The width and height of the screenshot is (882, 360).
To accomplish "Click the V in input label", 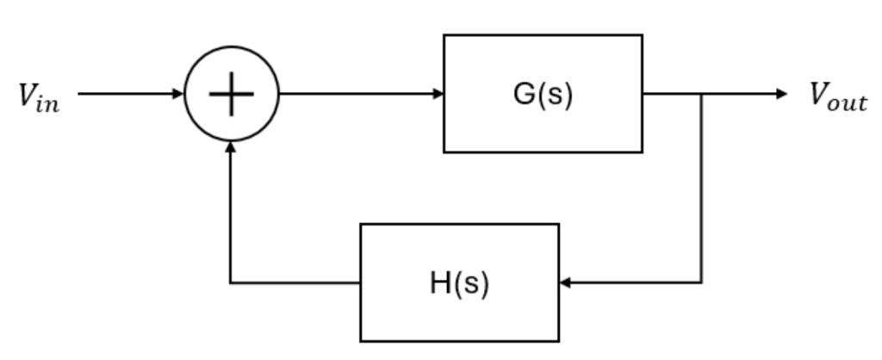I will [39, 96].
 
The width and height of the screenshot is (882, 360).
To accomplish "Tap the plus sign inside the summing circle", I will [232, 94].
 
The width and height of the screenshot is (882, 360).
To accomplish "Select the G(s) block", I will [543, 94].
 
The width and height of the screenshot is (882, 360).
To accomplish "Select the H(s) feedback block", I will [459, 282].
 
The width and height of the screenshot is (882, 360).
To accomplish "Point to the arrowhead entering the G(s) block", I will [438, 94].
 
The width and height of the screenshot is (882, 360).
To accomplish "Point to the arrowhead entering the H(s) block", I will [565, 282].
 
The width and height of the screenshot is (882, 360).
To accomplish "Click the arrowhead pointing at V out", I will [781, 94].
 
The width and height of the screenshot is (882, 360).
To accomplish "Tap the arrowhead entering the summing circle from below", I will [231, 147].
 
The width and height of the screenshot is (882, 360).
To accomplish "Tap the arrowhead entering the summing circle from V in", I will [179, 94].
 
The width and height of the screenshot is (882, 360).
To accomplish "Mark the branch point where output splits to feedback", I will [702, 94].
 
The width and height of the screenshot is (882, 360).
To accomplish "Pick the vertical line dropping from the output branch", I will [702, 189].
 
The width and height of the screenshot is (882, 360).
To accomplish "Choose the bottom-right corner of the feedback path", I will [702, 282].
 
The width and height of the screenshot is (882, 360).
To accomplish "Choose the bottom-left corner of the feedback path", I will [231, 282].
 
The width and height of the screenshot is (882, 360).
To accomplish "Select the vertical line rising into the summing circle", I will [231, 215].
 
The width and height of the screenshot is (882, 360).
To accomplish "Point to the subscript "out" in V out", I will [849, 102].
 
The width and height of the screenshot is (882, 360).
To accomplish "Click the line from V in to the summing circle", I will [129, 94].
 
